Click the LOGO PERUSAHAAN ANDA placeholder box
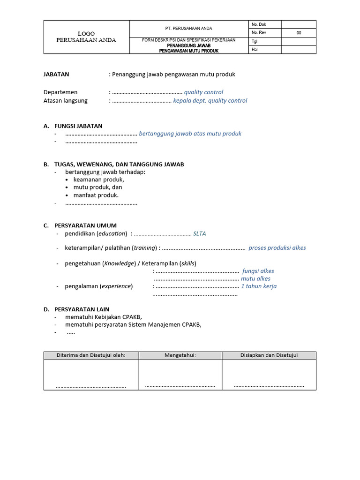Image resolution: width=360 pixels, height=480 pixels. (x=86, y=37)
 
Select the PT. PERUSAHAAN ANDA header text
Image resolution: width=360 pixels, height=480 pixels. (x=189, y=29)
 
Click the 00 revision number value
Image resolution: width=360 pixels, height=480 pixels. (x=299, y=33)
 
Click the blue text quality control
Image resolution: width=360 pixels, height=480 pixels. (x=203, y=92)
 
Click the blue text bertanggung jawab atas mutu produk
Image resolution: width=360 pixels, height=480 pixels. (x=190, y=134)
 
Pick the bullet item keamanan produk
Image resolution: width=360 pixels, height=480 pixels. (x=98, y=180)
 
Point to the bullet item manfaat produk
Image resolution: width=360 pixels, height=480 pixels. (x=96, y=195)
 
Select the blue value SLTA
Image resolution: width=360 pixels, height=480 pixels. (x=199, y=233)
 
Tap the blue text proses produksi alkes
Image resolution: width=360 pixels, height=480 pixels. (x=277, y=248)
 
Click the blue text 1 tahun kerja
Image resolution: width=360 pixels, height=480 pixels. (x=258, y=286)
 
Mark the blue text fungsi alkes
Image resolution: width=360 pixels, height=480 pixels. (x=258, y=271)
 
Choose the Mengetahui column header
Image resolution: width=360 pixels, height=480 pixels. (x=180, y=355)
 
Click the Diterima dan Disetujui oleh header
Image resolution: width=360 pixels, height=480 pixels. (x=91, y=355)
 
